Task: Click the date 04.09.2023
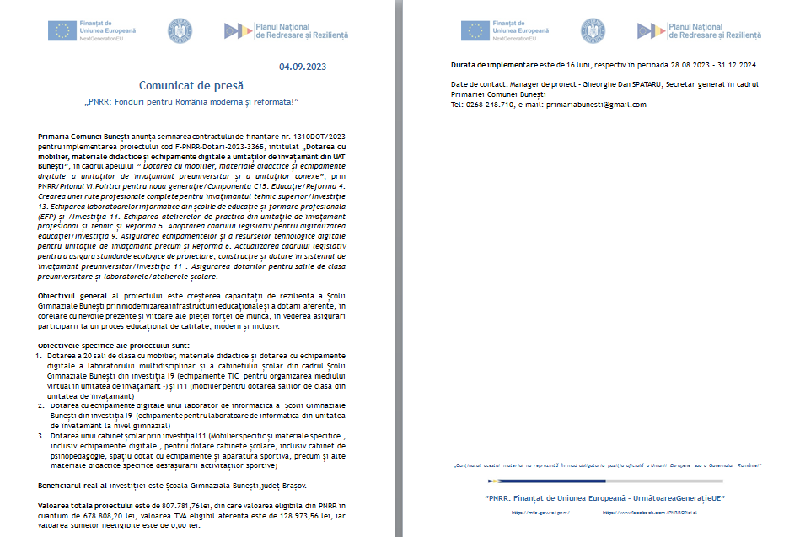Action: [x=303, y=67]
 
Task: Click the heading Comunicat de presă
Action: [x=191, y=85]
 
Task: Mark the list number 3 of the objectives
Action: [x=41, y=435]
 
